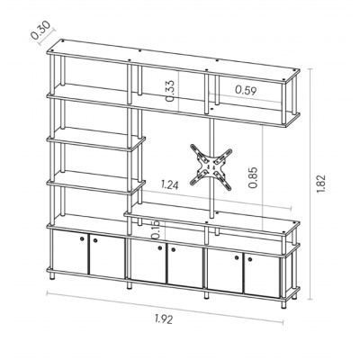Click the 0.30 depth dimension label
pos(40,31)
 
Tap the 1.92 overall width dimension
pos(164,319)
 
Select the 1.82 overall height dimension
pos(320,184)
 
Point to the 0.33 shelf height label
pos(170,91)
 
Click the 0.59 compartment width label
pos(246,90)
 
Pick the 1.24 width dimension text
pos(169,184)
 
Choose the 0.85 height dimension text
pos(253,177)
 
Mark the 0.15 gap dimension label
pos(155,229)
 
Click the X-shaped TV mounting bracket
pos(211,167)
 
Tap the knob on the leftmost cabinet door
pos(82,238)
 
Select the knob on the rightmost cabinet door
pos(250,258)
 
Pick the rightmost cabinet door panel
pos(262,275)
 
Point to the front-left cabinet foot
pos(53,276)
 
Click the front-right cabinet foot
pos(283,303)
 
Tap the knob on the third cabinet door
pos(159,247)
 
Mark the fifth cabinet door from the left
pos(225,271)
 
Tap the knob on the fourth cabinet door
pos(173,249)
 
